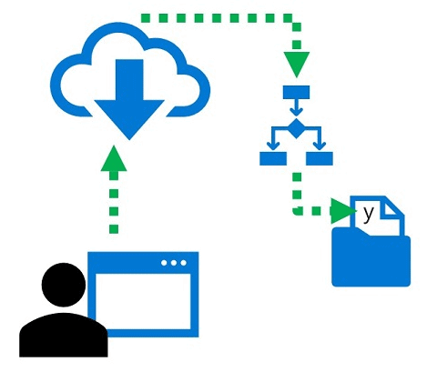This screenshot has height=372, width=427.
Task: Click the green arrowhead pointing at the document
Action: pyautogui.click(x=343, y=211)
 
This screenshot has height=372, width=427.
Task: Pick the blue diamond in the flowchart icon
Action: pyautogui.click(x=296, y=128)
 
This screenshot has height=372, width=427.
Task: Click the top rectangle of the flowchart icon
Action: pyautogui.click(x=297, y=92)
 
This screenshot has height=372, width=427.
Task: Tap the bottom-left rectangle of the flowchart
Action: pyautogui.click(x=273, y=158)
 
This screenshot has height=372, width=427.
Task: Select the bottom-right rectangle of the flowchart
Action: pyautogui.click(x=320, y=158)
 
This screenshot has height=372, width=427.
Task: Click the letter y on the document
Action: pyautogui.click(x=368, y=215)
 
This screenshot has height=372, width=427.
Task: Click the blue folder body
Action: pyautogui.click(x=371, y=261)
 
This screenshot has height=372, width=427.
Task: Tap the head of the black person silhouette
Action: pyautogui.click(x=64, y=285)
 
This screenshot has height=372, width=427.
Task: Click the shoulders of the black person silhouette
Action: pyautogui.click(x=64, y=335)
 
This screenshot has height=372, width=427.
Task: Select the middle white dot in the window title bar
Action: pyautogui.click(x=174, y=263)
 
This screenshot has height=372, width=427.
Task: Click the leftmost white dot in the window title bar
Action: pyautogui.click(x=164, y=263)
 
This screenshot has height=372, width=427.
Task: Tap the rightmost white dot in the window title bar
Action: pyautogui.click(x=183, y=263)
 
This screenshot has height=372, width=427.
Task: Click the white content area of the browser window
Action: pyautogui.click(x=143, y=301)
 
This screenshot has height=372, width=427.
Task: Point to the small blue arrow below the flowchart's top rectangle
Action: pyautogui.click(x=297, y=107)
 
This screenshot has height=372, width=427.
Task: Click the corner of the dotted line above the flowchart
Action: pyautogui.click(x=296, y=21)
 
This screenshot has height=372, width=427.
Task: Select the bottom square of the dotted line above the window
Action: pyautogui.click(x=114, y=229)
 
